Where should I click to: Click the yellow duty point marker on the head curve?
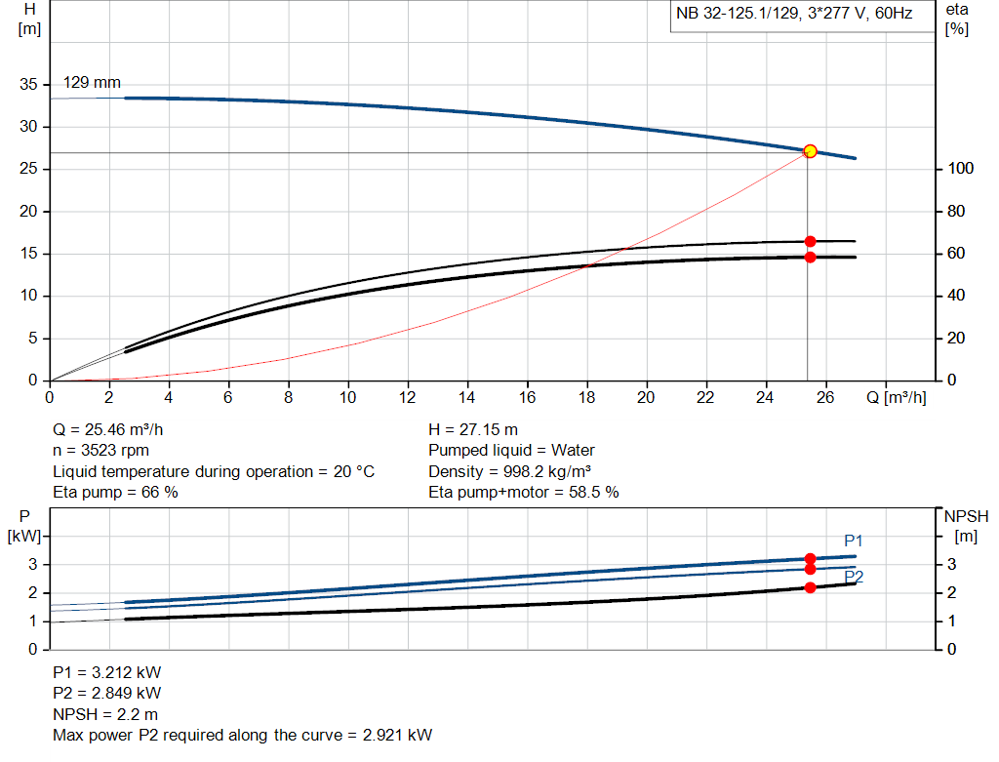[810, 151]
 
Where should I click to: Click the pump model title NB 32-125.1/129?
[792, 15]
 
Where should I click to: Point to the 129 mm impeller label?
[92, 83]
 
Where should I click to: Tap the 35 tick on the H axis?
[30, 85]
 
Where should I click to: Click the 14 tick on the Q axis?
[467, 398]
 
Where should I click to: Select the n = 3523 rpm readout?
[100, 451]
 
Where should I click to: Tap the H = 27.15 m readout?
[473, 429]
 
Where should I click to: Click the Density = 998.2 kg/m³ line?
[510, 471]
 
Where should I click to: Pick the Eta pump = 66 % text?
[115, 493]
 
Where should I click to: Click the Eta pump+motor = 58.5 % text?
[524, 493]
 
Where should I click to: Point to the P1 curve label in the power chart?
[854, 541]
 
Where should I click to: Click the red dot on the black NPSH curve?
[810, 587]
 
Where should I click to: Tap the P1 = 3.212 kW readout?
[106, 672]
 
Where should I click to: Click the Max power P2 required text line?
[242, 735]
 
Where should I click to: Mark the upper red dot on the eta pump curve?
[810, 241]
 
